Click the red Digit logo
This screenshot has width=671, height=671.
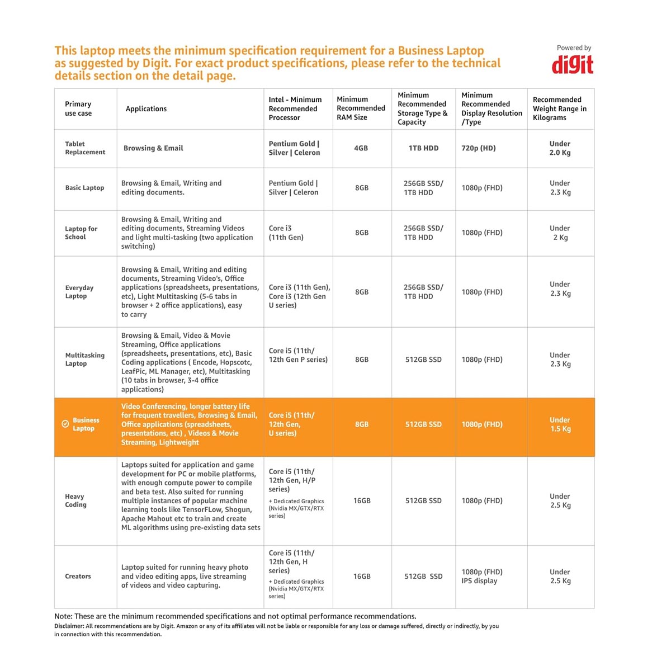[x=573, y=64]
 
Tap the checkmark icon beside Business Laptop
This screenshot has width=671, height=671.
[x=65, y=424]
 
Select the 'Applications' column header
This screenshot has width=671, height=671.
[x=146, y=109]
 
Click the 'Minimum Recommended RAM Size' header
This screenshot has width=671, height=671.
[x=361, y=108]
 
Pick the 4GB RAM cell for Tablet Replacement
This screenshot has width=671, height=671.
[x=361, y=148]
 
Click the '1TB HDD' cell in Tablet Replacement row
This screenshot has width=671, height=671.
[x=423, y=148]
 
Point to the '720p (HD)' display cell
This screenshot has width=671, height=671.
[x=479, y=148]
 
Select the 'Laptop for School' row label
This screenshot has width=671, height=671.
[x=81, y=233]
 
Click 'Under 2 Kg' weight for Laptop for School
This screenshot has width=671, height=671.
[x=560, y=233]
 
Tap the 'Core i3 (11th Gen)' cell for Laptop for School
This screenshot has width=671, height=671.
[x=286, y=233]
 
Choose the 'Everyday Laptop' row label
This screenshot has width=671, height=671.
[x=79, y=292]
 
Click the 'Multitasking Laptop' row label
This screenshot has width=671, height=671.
[x=84, y=360]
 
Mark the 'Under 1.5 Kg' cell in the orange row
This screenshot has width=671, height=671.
[x=560, y=424]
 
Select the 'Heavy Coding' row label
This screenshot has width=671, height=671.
[x=75, y=500]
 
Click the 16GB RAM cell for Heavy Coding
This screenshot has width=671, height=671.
[x=362, y=501]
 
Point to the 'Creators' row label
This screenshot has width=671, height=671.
[x=78, y=577]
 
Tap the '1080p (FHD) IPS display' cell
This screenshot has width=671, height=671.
[x=482, y=577]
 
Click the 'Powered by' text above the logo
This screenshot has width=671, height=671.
[x=574, y=48]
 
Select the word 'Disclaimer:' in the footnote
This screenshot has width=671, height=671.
[x=69, y=626]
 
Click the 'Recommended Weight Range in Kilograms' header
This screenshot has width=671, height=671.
[x=560, y=108]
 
